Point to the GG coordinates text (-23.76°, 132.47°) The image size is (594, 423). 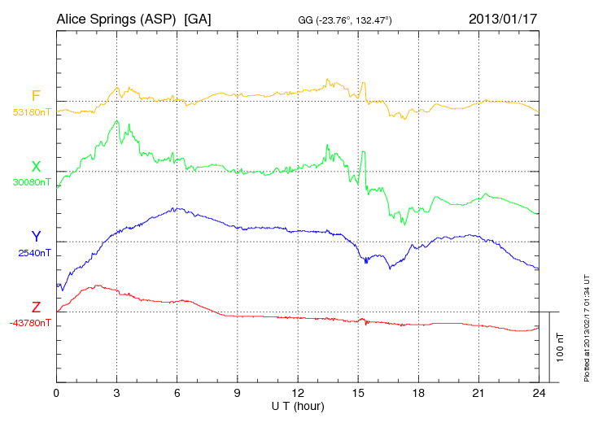coord(346,20)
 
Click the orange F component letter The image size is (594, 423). coord(36,97)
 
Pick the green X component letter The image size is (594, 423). coord(36,168)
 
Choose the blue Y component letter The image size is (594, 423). coord(36,238)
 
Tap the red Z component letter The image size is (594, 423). coord(36,307)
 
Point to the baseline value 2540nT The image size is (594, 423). coord(34,253)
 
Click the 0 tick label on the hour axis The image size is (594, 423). coord(56,394)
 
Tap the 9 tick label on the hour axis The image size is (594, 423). coord(238,394)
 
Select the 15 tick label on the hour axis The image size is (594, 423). coord(359,394)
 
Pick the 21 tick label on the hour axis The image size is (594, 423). coord(480,394)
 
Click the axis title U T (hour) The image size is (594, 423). coord(299,405)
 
